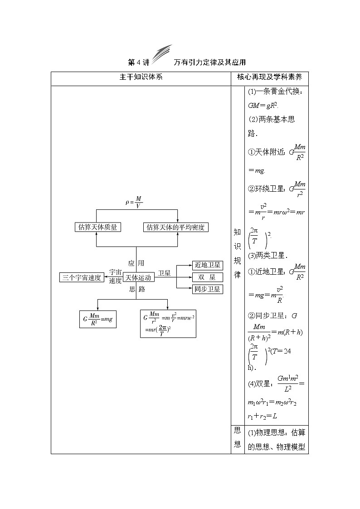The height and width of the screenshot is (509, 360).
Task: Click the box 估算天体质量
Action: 97,228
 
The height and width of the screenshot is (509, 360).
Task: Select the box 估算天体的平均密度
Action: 175,228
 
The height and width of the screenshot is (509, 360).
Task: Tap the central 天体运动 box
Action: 138,278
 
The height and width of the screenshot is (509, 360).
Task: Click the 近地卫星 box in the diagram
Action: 207,265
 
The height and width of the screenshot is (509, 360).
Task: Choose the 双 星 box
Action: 207,277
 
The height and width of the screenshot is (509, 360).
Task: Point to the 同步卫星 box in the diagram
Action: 207,289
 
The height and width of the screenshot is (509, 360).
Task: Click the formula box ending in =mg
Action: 97,319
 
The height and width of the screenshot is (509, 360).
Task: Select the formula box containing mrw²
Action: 169,323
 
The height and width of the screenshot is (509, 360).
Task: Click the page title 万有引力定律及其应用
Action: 209,62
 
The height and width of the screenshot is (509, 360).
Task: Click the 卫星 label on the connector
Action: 164,273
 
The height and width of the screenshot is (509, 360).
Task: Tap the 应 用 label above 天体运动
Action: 136,263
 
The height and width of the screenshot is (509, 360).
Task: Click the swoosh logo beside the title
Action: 162,54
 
